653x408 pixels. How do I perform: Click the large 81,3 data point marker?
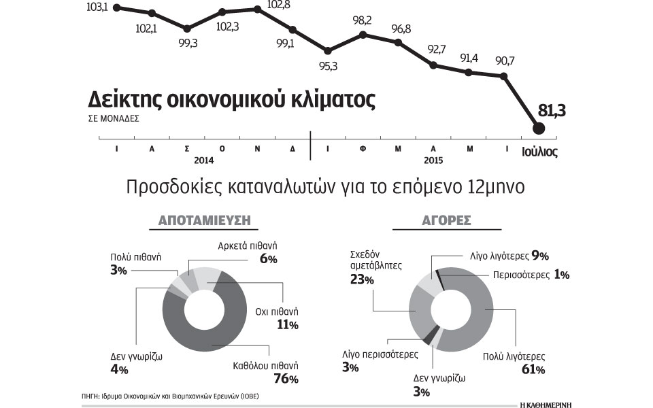[539, 128]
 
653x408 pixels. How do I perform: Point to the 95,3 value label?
[328, 66]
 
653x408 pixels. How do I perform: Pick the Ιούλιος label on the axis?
[539, 152]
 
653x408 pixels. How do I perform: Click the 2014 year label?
[204, 160]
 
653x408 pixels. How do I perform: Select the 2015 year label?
[433, 160]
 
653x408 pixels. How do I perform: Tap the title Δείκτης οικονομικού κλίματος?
[232, 100]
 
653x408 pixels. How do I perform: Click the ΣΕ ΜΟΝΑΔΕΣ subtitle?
[114, 118]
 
